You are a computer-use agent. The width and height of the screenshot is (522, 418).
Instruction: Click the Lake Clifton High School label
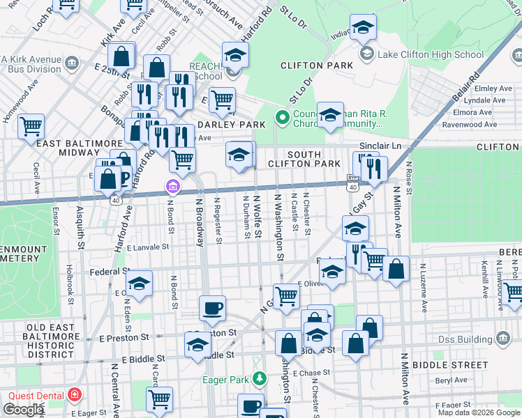coord(430,54)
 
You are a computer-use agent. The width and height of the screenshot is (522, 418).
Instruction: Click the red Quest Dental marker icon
coord(74,395)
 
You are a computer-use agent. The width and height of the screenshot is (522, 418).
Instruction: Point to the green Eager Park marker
coord(259,379)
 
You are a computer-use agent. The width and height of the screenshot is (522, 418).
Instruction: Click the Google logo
coord(23,410)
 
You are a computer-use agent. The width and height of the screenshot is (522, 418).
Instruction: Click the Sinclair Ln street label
coord(387,146)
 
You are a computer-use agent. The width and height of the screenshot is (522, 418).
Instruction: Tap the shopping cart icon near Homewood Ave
coord(31,127)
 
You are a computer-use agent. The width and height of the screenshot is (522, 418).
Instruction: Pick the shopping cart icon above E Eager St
coord(159,399)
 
